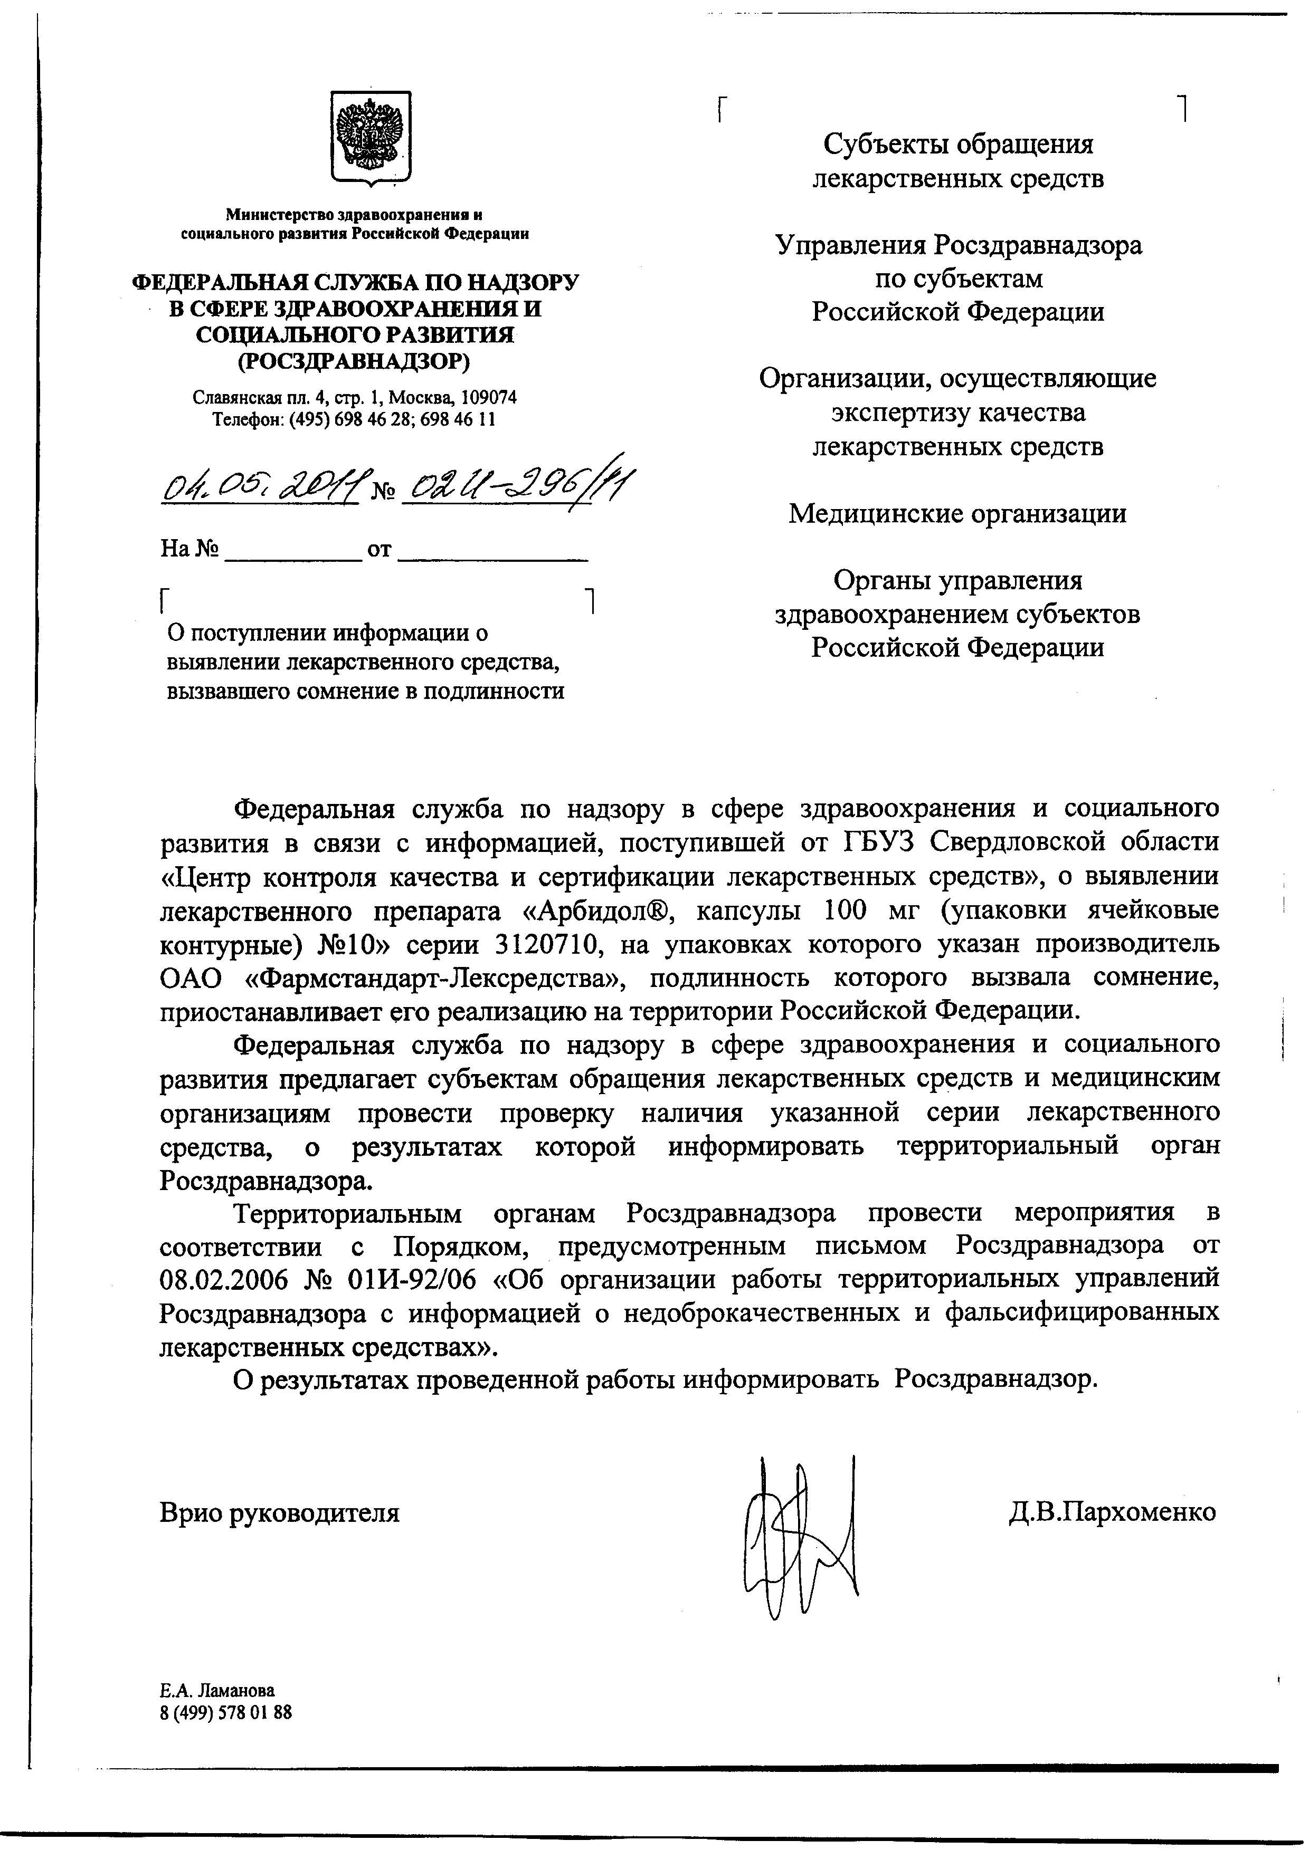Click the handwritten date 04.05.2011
pos(260,485)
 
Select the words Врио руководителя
pos(280,1512)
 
